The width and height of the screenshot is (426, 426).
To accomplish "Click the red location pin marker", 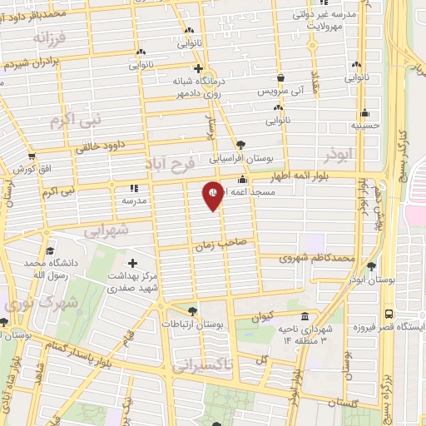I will pos(214,196).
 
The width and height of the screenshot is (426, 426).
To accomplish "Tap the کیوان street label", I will pos(260,315).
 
